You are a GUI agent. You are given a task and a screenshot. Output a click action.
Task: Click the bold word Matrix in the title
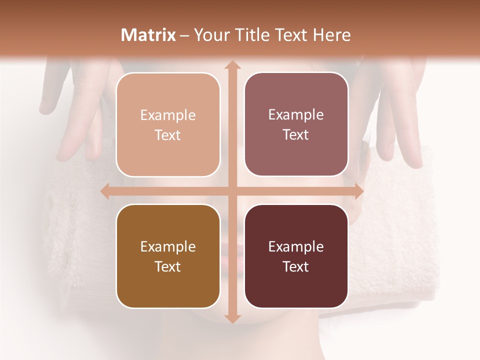tap(148, 35)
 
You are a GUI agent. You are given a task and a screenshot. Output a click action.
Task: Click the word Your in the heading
tap(211, 35)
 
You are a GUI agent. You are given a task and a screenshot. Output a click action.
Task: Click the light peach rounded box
tap(168, 124)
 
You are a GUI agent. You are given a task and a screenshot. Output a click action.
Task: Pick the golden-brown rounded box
tap(168, 256)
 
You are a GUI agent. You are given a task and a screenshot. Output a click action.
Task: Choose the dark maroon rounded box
tap(296, 256)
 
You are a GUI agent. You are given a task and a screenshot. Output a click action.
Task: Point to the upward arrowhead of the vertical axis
tap(231, 65)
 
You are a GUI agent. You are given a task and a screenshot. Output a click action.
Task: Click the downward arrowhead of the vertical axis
tap(231, 318)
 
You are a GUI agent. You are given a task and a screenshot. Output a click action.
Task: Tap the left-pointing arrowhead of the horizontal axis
tap(105, 191)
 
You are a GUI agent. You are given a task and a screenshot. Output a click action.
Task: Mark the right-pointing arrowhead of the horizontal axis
tap(358, 191)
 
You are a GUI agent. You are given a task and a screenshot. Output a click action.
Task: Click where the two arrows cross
tap(231, 191)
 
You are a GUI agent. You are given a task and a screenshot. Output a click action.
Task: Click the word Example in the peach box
tap(168, 115)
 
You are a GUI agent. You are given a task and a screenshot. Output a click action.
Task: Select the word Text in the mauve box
tap(296, 134)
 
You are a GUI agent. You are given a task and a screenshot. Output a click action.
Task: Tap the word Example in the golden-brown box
tap(168, 247)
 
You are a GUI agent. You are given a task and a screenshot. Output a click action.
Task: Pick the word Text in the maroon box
tap(296, 266)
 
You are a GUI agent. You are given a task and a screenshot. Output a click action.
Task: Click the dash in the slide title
tap(184, 35)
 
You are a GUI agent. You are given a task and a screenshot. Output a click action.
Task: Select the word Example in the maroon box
tap(296, 247)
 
